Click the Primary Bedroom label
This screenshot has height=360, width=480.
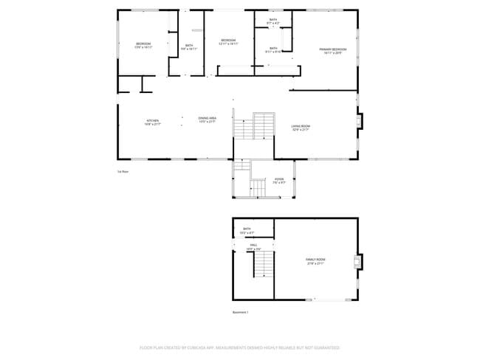[x=332, y=49]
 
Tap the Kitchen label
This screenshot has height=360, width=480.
[x=152, y=120]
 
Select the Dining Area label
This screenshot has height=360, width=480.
[x=207, y=118]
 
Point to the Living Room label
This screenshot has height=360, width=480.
[x=301, y=126]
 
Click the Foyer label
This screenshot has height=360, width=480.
[x=279, y=179]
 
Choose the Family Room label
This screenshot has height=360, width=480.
[x=315, y=259]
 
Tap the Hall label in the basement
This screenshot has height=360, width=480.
[x=253, y=245]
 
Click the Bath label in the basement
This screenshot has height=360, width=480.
[x=247, y=229]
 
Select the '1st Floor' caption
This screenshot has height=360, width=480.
[x=123, y=172]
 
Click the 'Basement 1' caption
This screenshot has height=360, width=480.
[x=241, y=313]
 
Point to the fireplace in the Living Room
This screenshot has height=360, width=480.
[x=360, y=120]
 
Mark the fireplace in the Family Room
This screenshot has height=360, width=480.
[x=359, y=261]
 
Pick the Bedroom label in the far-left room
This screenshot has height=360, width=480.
[x=143, y=44]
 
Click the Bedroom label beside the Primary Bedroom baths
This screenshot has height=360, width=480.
[x=228, y=40]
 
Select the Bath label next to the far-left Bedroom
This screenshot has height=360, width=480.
[x=189, y=46]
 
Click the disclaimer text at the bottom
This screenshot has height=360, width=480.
[x=239, y=347]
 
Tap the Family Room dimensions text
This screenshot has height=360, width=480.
[x=315, y=263]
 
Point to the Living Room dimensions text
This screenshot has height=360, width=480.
[x=301, y=130]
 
